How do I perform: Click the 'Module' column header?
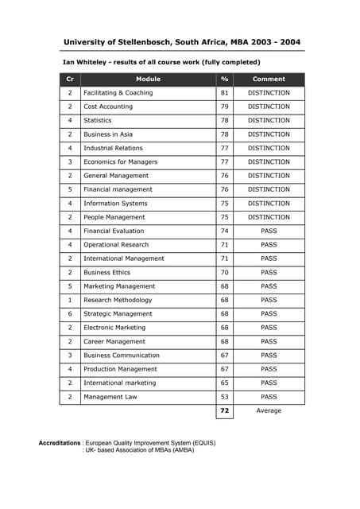[x=148, y=80]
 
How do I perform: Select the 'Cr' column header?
[x=70, y=80]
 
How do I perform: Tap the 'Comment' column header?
[x=269, y=80]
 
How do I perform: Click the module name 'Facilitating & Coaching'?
[x=118, y=93]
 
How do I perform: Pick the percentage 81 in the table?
[x=225, y=93]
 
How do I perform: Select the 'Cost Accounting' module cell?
[x=108, y=107]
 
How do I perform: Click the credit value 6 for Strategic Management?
[x=70, y=314]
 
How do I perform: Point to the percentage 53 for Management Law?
[x=225, y=397]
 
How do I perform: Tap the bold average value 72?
[x=225, y=411]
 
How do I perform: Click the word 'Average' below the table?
[x=269, y=411]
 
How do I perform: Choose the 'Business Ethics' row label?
[x=107, y=273]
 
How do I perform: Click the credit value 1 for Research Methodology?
[x=70, y=300]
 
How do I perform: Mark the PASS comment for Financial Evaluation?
[x=269, y=231]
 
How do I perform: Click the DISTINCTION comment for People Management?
[x=269, y=217]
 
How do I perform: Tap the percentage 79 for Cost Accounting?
[x=225, y=107]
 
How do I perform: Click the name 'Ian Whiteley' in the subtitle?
[x=84, y=62]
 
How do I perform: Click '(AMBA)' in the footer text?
[x=181, y=450]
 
